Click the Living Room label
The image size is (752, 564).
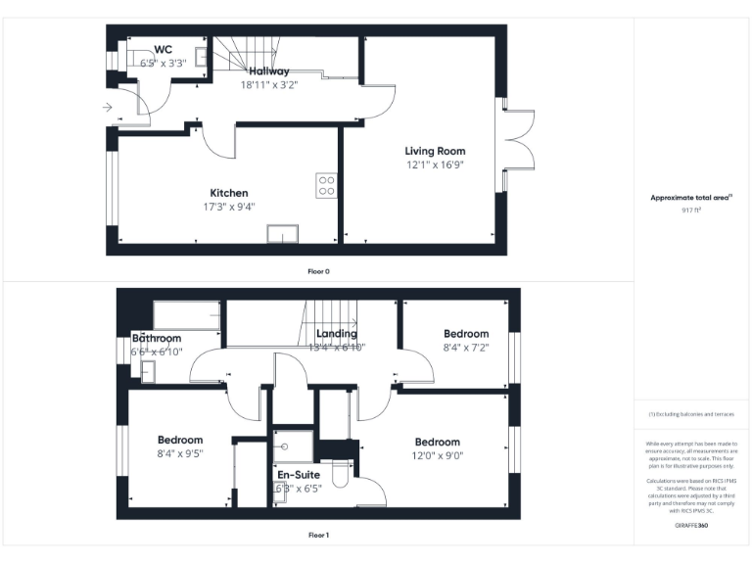pos(436,151)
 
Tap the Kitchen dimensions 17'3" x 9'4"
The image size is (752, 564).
pos(228,207)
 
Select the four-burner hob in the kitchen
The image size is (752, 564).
pos(326,185)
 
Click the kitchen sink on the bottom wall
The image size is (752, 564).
pos(283,233)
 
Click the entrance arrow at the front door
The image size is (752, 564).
pos(107,108)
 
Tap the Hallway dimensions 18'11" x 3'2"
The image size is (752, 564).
pos(268,85)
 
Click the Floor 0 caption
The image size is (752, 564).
pos(318,270)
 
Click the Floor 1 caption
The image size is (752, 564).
pos(318,535)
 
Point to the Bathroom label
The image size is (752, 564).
pos(157,339)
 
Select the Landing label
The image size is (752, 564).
pos(336,334)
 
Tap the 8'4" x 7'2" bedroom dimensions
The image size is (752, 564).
pos(465,347)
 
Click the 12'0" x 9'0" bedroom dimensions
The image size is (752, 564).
pos(437,455)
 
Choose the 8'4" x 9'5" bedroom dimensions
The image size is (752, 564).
pos(180,453)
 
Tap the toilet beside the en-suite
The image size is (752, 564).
pos(340,474)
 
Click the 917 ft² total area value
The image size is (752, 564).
pos(692,211)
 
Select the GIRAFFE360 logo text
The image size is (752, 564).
pos(692,526)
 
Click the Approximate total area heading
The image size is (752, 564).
pos(691,198)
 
